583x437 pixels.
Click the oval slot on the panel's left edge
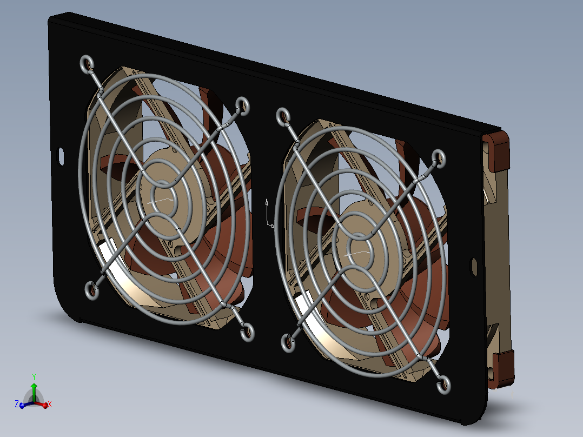coord(61,156)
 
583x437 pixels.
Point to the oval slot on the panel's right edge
coord(474,267)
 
